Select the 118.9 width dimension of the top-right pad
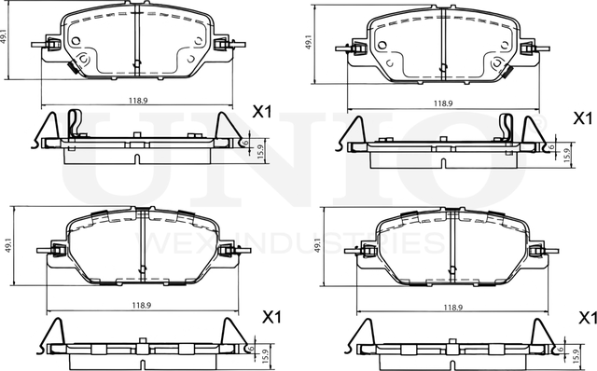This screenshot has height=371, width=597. [x=443, y=103]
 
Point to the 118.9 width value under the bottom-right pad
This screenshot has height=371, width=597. [x=452, y=306]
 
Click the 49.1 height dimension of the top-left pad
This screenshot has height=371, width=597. [x=7, y=38]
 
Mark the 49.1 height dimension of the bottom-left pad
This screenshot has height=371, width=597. [x=7, y=246]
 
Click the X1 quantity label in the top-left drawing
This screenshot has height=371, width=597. [x=262, y=112]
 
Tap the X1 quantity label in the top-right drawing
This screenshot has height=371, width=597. [x=581, y=118]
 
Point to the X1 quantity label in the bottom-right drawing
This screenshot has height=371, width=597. [x=586, y=318]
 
